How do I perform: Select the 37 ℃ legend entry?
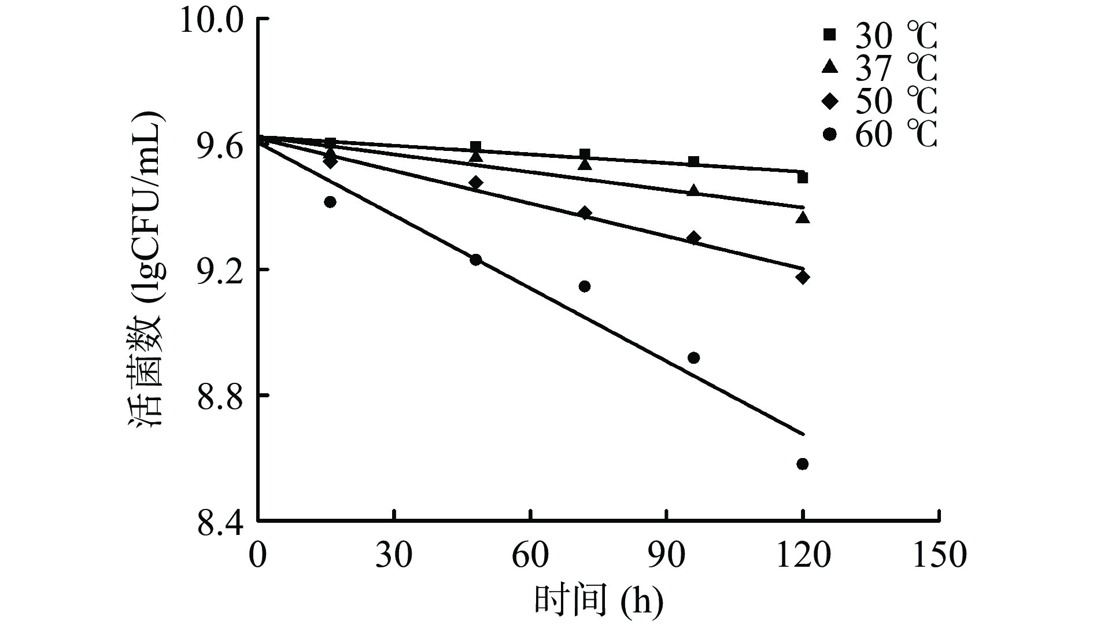878,68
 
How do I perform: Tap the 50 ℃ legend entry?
878,102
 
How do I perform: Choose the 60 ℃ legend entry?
878,135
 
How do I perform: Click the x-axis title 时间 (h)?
598,601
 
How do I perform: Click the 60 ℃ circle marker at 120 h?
802,464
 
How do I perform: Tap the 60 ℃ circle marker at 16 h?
330,202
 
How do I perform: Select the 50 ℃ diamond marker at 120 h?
802,277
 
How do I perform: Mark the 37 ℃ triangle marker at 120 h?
802,218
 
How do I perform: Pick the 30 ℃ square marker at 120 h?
802,178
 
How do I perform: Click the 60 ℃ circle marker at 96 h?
693,358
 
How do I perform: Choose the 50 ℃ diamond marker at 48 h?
475,183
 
